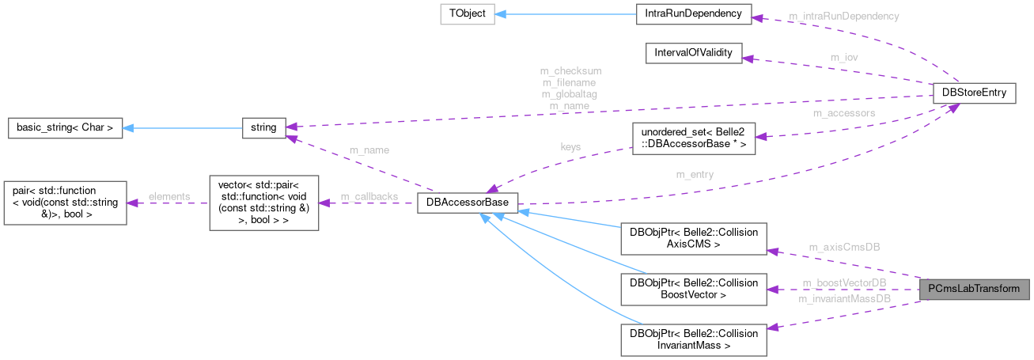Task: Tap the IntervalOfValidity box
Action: click(x=693, y=54)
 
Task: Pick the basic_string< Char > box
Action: click(x=65, y=127)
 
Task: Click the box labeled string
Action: click(x=263, y=127)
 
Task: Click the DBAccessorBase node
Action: click(x=467, y=203)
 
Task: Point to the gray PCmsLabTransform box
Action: click(x=974, y=289)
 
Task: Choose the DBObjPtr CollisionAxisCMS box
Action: click(x=693, y=239)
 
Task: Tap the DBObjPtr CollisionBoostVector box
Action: click(x=693, y=290)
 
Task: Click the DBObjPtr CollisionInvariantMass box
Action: click(x=693, y=339)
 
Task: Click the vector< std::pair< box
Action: click(x=263, y=203)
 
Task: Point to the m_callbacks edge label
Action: click(x=369, y=196)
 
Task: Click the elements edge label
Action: click(x=169, y=196)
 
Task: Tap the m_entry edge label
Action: click(x=695, y=174)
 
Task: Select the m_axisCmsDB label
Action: click(x=843, y=247)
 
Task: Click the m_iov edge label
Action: click(x=844, y=58)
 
